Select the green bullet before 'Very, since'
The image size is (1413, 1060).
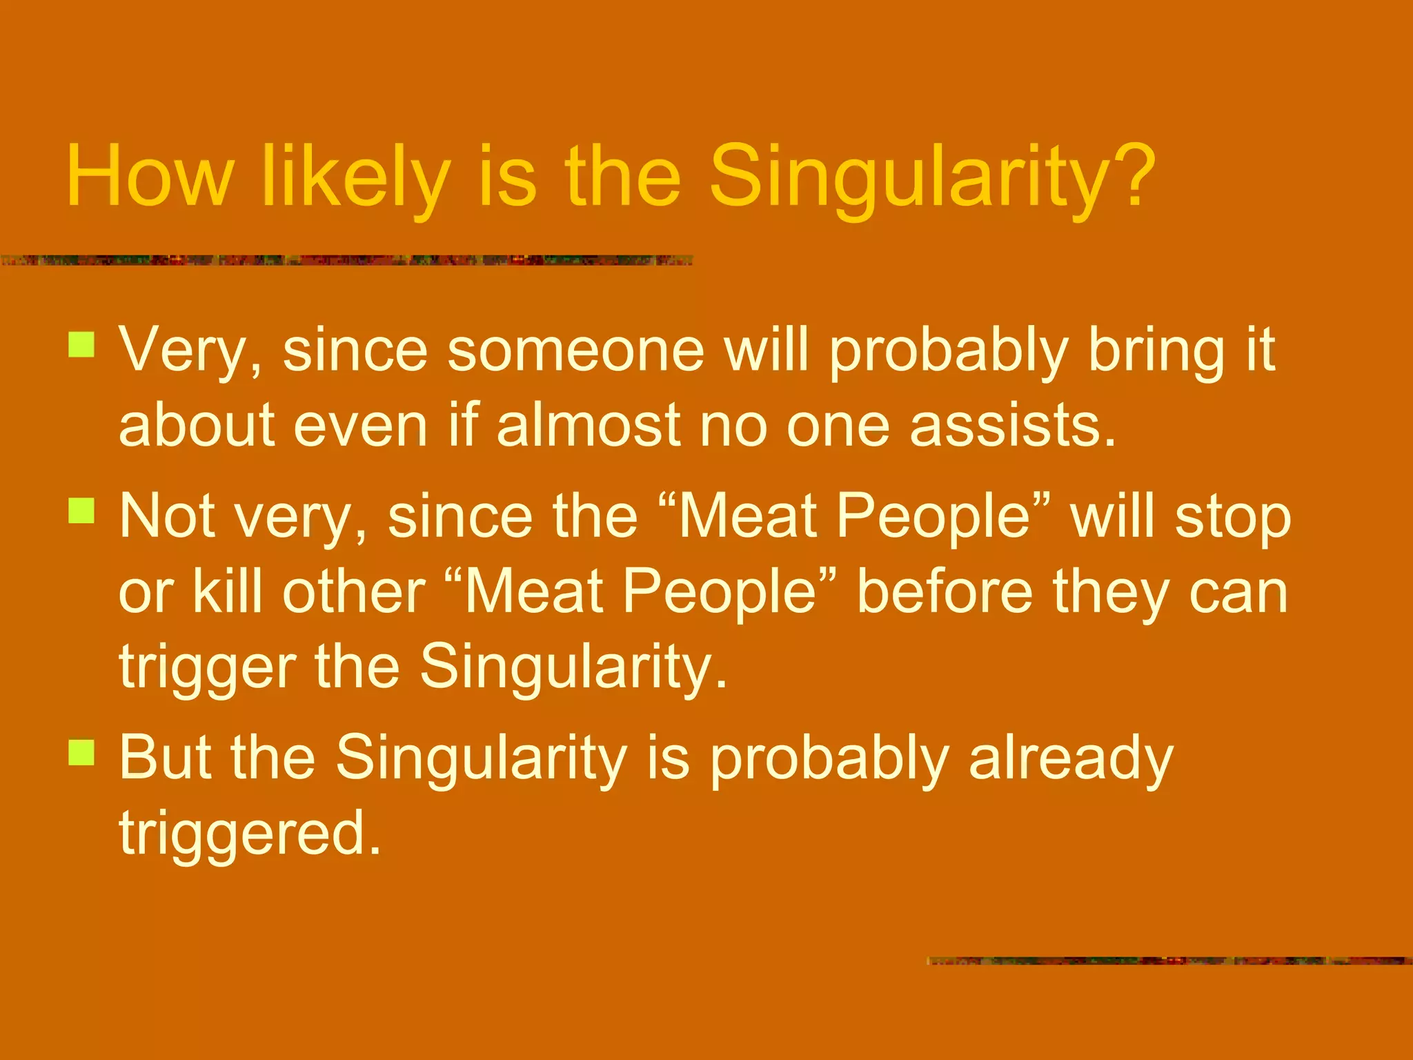click(81, 345)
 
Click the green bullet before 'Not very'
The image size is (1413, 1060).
click(81, 511)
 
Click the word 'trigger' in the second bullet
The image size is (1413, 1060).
click(208, 667)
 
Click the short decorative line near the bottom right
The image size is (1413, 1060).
click(1169, 961)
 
